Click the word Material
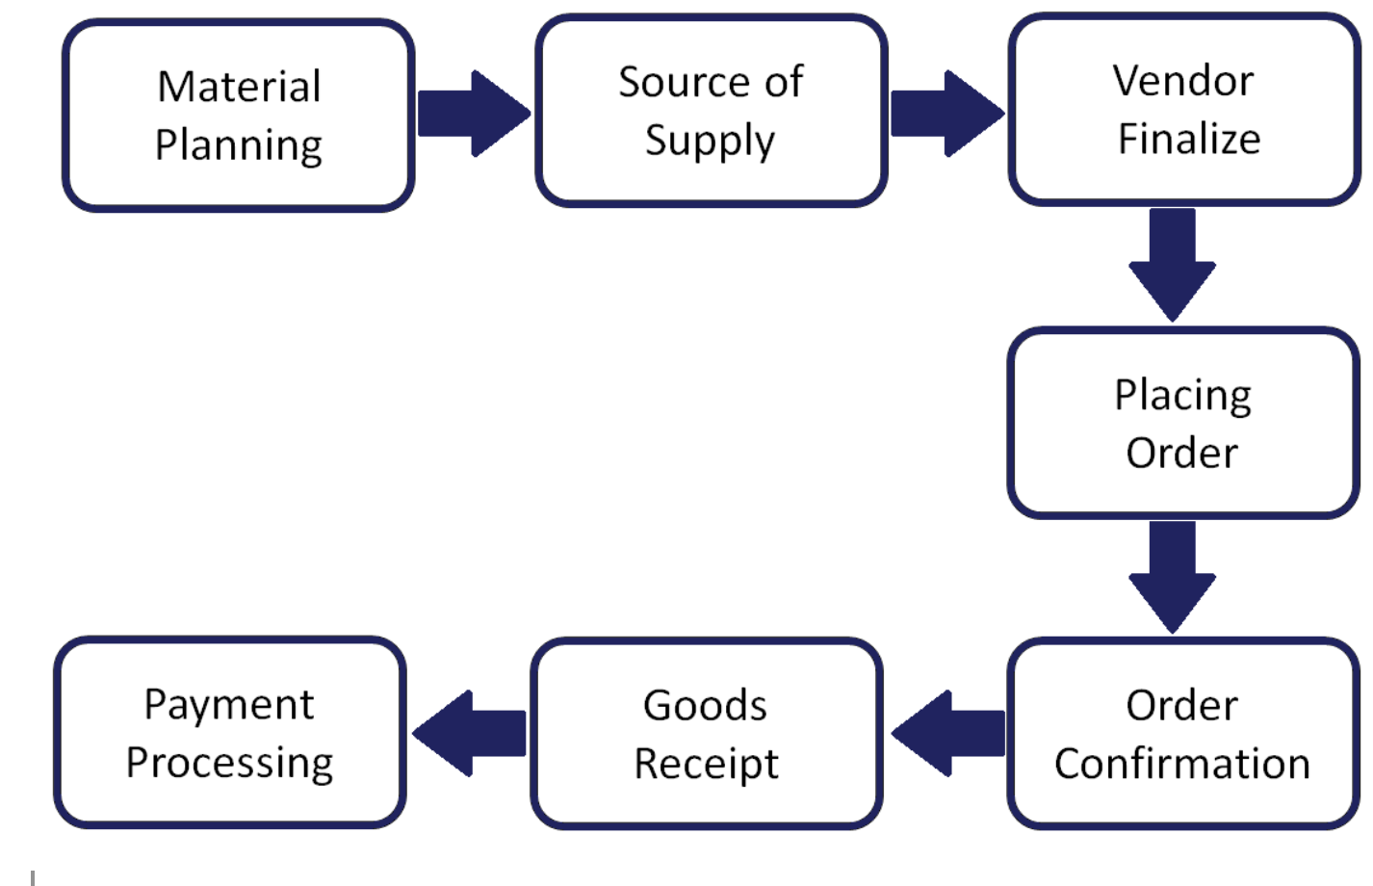tap(239, 87)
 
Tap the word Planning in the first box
tap(239, 146)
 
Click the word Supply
tap(710, 142)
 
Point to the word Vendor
tap(1183, 80)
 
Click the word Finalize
tap(1189, 139)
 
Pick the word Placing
tap(1183, 396)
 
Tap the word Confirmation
tap(1182, 764)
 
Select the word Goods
tap(705, 705)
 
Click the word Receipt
tap(706, 765)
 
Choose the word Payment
tap(229, 704)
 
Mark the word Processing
tap(229, 763)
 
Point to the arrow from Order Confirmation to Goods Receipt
tap(948, 734)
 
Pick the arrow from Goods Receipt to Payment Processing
tap(470, 734)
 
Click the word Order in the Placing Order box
tap(1182, 453)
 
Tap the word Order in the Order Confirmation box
tap(1182, 705)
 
